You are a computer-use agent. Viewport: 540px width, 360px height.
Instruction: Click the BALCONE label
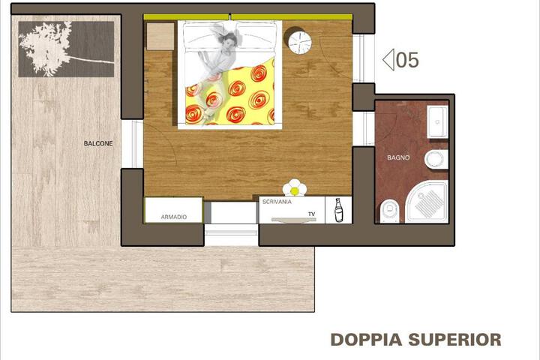98,143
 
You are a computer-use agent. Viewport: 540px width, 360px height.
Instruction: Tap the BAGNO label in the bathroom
398,157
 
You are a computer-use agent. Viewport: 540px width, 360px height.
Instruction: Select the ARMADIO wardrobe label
173,217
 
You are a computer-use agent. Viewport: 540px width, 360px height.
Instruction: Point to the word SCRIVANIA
277,202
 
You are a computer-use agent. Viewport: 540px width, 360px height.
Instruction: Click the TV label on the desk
311,214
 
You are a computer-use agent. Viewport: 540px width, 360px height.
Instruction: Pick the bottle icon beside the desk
338,210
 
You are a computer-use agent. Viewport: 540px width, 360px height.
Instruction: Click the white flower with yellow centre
295,188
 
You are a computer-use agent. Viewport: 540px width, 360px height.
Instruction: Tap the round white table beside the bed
299,42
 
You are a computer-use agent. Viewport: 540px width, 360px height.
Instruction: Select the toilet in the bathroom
390,211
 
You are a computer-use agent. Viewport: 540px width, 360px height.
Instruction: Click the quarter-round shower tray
427,202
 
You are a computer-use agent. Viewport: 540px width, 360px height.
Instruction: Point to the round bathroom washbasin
436,160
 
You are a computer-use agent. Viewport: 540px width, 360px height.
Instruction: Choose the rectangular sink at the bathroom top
437,122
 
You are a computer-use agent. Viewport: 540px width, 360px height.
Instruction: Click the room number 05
407,60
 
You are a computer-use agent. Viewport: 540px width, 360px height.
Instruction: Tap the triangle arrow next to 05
388,60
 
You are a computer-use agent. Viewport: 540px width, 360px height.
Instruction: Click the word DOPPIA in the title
367,340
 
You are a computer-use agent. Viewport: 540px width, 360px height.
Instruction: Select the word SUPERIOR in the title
455,340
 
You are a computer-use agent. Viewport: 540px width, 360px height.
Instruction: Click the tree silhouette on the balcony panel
52,48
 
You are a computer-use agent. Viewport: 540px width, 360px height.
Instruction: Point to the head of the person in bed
230,40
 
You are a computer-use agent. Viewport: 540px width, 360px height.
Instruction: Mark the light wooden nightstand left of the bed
160,37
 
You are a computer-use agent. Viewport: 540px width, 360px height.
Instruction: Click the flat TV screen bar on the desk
293,220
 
